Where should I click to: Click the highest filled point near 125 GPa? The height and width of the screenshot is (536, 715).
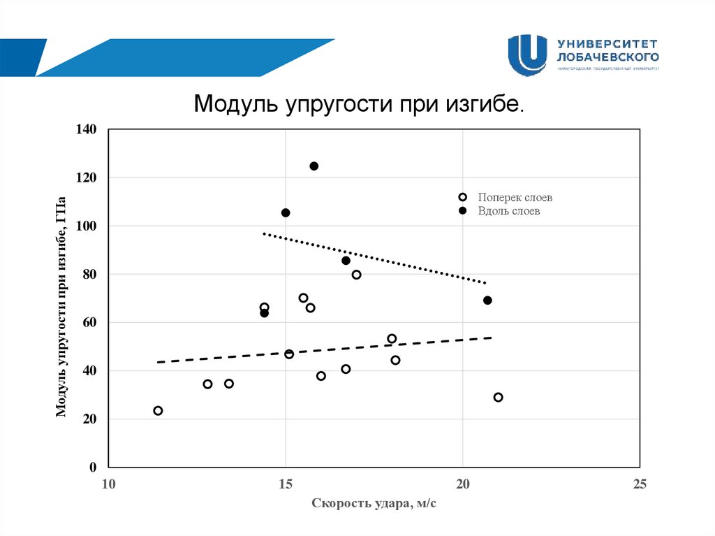tap(314, 166)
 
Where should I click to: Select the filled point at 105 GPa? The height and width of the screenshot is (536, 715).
tap(286, 212)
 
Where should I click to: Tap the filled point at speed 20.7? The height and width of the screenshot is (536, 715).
tap(487, 300)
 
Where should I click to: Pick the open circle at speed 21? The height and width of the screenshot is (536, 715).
tap(498, 398)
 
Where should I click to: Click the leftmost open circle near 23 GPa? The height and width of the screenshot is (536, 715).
tap(158, 411)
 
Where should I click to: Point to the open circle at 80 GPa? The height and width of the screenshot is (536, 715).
tap(356, 275)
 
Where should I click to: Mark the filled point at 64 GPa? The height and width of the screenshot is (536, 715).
tap(264, 313)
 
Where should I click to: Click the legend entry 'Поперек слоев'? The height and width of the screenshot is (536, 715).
tap(515, 198)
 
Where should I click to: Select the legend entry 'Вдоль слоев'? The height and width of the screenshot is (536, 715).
tap(509, 210)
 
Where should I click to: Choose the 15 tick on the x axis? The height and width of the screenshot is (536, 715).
tap(285, 484)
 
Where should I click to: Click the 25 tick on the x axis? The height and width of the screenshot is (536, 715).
tap(640, 484)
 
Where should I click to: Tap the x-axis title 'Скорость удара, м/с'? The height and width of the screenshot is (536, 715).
tap(374, 503)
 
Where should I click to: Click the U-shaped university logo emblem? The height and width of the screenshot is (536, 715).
tap(527, 55)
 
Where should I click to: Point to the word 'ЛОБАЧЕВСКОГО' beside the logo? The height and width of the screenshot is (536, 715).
tap(608, 55)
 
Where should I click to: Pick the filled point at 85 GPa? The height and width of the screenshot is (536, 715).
tap(346, 261)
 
